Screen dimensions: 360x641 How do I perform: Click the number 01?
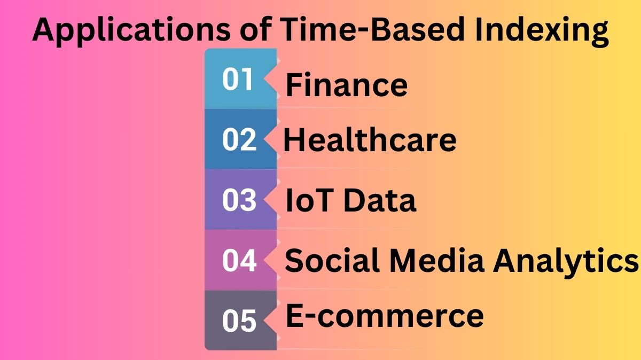[238, 80]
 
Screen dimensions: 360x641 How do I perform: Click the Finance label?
[347, 85]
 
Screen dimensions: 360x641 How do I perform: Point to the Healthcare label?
[370, 140]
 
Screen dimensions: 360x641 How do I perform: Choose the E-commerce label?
[385, 315]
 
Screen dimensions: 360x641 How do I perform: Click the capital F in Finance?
[294, 85]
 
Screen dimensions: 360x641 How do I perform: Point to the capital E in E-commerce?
[295, 315]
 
